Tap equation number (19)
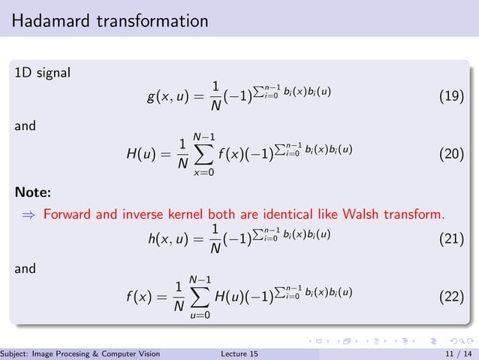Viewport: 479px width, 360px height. click(450, 98)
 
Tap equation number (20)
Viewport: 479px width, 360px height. click(450, 156)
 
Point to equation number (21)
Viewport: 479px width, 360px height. click(450, 239)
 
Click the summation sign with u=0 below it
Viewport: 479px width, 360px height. click(200, 297)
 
